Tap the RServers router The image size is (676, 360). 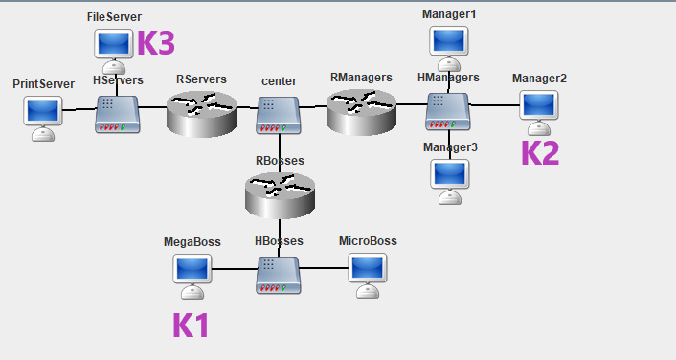pos(201,114)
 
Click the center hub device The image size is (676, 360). pos(279,115)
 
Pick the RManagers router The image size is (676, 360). pos(361,112)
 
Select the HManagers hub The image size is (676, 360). pos(448,112)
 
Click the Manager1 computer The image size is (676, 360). pos(449,49)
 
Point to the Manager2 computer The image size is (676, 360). pos(539,113)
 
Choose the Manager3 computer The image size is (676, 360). pos(450,182)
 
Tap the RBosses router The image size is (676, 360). pos(280,195)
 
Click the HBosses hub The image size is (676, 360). pos(279,276)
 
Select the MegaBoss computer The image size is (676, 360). pos(192,277)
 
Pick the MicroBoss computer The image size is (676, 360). pos(368,276)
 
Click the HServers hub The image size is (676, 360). pos(117,114)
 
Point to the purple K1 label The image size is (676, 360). pos(191,326)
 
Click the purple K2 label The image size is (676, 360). pos(540,153)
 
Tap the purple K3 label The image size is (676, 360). pos(156,43)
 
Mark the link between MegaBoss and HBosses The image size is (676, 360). pos(235,269)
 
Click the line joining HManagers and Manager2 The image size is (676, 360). pos(494,104)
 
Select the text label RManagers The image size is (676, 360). pos(361,78)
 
